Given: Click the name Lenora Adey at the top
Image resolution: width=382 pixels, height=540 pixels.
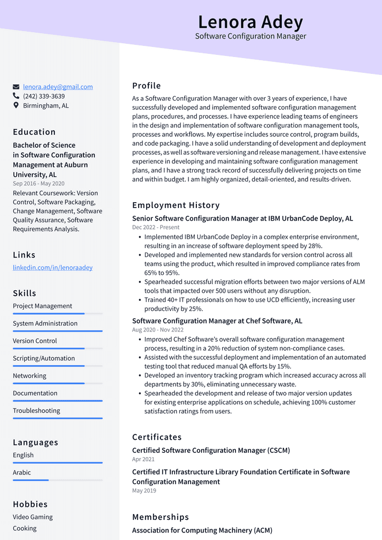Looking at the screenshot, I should pyautogui.click(x=250, y=22).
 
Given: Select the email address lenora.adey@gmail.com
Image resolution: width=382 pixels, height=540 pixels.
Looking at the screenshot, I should pyautogui.click(x=58, y=87).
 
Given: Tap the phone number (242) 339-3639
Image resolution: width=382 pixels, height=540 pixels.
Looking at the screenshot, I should pyautogui.click(x=44, y=97).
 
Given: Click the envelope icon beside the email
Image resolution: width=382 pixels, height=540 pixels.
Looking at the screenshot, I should pyautogui.click(x=16, y=87).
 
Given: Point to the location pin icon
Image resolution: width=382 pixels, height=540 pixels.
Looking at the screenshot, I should pyautogui.click(x=16, y=106).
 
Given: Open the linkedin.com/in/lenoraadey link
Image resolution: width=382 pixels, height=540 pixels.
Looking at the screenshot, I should pyautogui.click(x=53, y=268).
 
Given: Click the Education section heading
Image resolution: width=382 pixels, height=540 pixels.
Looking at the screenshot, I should pyautogui.click(x=34, y=132).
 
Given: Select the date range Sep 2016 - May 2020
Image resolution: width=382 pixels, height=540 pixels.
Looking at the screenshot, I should pyautogui.click(x=39, y=184).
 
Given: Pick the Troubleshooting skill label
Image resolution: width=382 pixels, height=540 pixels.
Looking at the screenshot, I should pyautogui.click(x=36, y=411).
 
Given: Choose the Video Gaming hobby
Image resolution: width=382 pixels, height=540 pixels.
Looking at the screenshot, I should pyautogui.click(x=33, y=517).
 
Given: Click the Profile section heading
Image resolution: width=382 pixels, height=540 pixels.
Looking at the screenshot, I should pyautogui.click(x=147, y=86).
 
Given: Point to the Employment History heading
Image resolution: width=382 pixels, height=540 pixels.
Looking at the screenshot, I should pyautogui.click(x=176, y=205).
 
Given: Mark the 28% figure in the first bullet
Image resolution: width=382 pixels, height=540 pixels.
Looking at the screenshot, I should pyautogui.click(x=315, y=246).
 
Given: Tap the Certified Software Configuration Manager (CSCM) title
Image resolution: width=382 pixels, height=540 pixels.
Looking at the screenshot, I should pyautogui.click(x=211, y=451).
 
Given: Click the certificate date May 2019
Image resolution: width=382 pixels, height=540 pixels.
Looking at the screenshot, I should pyautogui.click(x=144, y=491).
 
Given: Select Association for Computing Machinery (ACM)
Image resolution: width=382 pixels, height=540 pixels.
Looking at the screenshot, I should pyautogui.click(x=202, y=530).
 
